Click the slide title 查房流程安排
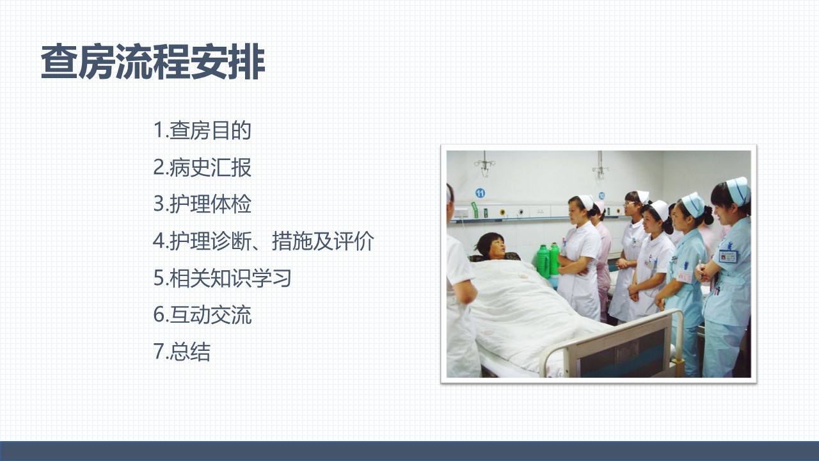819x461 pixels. [153, 61]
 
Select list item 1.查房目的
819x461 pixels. [202, 130]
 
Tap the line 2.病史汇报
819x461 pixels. [202, 167]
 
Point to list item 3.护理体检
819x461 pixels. [202, 204]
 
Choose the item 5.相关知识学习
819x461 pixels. [222, 278]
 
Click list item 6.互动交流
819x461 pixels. [202, 314]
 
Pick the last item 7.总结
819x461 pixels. [182, 352]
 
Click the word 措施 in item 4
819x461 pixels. [292, 241]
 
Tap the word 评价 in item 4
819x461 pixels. [354, 241]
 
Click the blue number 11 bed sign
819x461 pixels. [480, 193]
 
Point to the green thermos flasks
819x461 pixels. [548, 260]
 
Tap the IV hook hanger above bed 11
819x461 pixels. [485, 165]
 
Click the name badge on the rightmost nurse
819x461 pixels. [728, 255]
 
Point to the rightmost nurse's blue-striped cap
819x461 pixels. [738, 190]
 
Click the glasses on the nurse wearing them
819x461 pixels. [630, 203]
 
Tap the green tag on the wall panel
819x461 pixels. [475, 209]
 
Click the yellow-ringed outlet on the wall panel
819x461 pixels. [503, 212]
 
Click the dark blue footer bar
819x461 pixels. [409, 451]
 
